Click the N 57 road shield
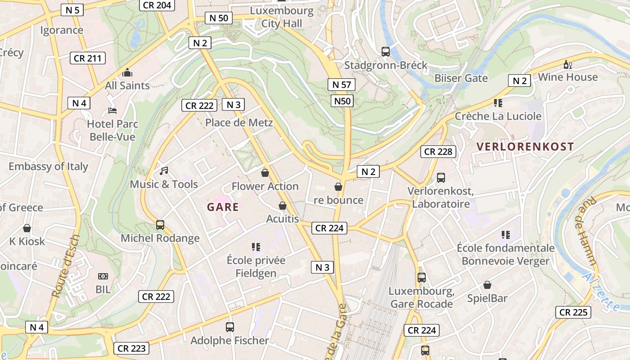pos(342,84)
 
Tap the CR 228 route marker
pos(438,152)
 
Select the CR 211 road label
pos(88,58)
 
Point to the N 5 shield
pos(72,9)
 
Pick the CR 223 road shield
pos(131,348)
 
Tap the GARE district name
pos(223,207)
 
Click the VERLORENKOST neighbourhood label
pos(525,147)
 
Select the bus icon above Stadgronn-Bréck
pos(386,52)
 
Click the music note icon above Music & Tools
pos(164,171)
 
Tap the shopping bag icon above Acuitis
pos(283,206)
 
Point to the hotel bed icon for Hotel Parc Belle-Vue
pos(112,111)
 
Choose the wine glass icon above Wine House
pos(568,65)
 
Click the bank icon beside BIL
pos(103,276)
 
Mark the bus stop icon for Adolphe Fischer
pos(230,327)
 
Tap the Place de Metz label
pos(239,122)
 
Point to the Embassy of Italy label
pos(48,166)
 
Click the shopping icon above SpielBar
pos(487,285)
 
